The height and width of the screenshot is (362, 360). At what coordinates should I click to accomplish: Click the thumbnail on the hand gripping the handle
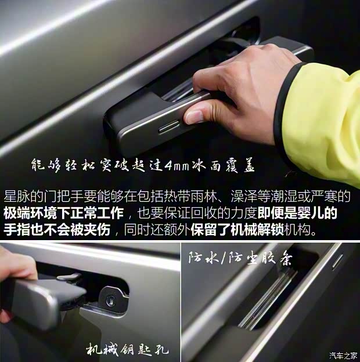point(195,117)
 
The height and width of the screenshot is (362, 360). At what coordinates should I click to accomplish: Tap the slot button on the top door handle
point(169,126)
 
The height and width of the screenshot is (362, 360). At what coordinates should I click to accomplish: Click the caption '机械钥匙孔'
point(127,350)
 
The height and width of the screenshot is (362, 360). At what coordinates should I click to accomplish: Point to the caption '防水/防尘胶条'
point(240,258)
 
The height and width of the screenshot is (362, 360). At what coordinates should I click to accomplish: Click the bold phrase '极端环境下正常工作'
point(63,213)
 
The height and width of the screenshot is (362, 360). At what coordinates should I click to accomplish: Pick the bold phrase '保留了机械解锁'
point(237,230)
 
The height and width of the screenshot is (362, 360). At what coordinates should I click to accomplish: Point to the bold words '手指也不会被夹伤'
point(57,230)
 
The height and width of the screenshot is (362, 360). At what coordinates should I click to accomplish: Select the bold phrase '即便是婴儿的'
point(297,213)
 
